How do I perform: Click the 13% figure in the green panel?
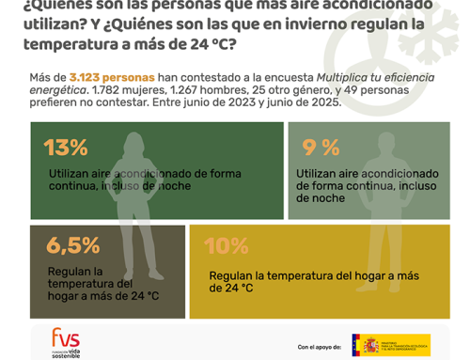pyautogui.click(x=66, y=148)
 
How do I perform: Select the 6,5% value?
pyautogui.click(x=71, y=245)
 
